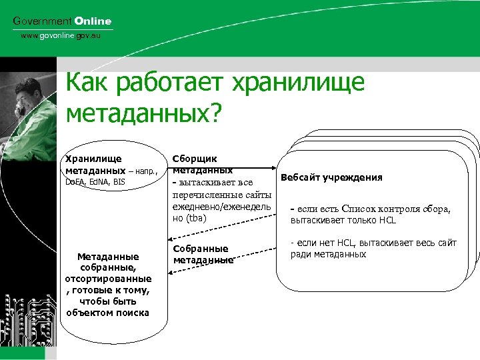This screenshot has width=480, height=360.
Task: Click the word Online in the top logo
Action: [93, 21]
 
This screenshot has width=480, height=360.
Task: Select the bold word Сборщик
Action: [194, 159]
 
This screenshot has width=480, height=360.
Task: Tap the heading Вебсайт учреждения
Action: [331, 177]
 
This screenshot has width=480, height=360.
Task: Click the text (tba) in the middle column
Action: [197, 218]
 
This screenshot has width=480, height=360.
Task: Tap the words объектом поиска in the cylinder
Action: [107, 313]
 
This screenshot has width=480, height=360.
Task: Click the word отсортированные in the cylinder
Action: [107, 279]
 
